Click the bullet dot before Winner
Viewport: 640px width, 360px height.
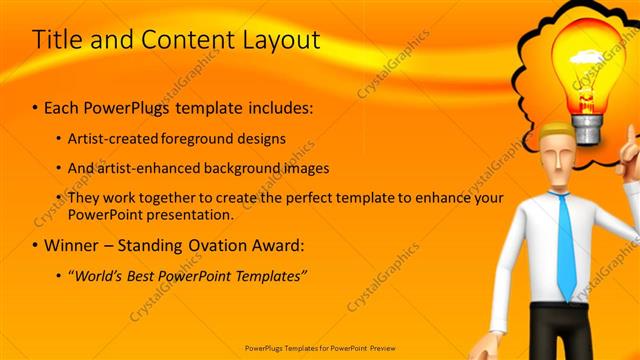pos(35,245)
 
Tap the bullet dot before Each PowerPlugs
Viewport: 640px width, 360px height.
pos(35,106)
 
